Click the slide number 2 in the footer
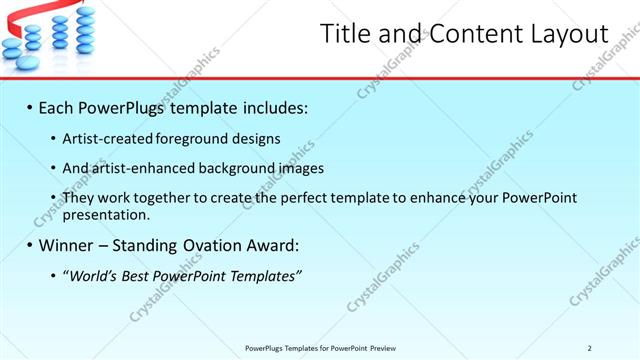click(589, 348)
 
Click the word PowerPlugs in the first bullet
click(120, 106)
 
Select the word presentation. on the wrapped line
click(106, 215)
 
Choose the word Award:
click(272, 245)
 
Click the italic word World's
click(93, 275)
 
